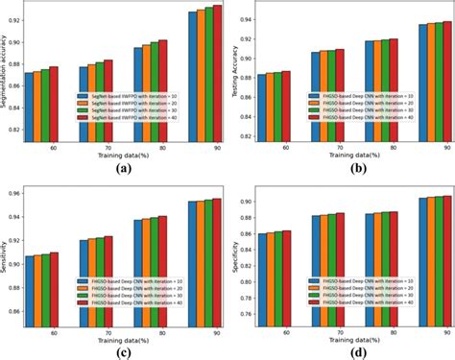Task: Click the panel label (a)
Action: tap(123, 168)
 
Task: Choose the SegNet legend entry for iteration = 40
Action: tap(123, 117)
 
